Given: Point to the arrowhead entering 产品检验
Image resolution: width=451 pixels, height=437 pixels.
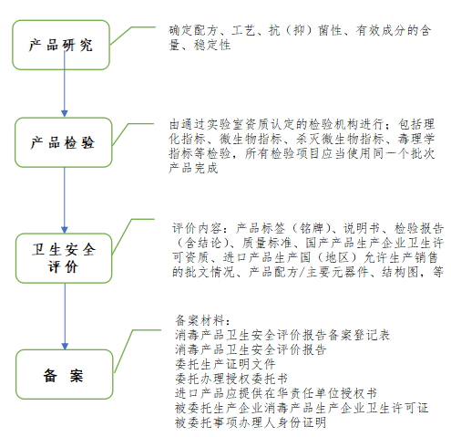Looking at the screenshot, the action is pos(65,113).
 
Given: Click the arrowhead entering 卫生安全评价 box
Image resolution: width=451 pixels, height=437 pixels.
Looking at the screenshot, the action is pos(65,229).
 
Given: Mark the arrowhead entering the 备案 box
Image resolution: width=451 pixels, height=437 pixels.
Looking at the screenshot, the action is pos(65,346).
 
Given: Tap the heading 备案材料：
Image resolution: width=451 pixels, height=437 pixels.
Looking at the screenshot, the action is pos(202,320).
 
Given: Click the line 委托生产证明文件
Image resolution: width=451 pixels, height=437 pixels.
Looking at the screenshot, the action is pos(225,364).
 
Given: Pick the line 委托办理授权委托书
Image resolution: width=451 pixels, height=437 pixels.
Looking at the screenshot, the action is pos(231,379).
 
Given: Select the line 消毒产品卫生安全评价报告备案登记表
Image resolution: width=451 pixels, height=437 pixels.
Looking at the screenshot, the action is pos(282,335).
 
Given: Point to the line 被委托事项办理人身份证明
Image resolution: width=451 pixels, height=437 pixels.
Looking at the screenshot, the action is pos(251,422).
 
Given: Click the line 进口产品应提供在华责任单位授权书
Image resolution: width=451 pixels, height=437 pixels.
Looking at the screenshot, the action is pos(276,393).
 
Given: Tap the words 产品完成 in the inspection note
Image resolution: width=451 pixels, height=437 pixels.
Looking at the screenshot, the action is pos(193,168).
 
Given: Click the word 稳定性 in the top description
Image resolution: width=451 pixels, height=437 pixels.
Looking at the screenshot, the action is pos(212,45).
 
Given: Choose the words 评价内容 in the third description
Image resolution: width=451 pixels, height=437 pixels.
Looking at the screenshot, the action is pos(197,228).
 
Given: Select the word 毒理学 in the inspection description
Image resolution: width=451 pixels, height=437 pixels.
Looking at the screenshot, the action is pos(416,139).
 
